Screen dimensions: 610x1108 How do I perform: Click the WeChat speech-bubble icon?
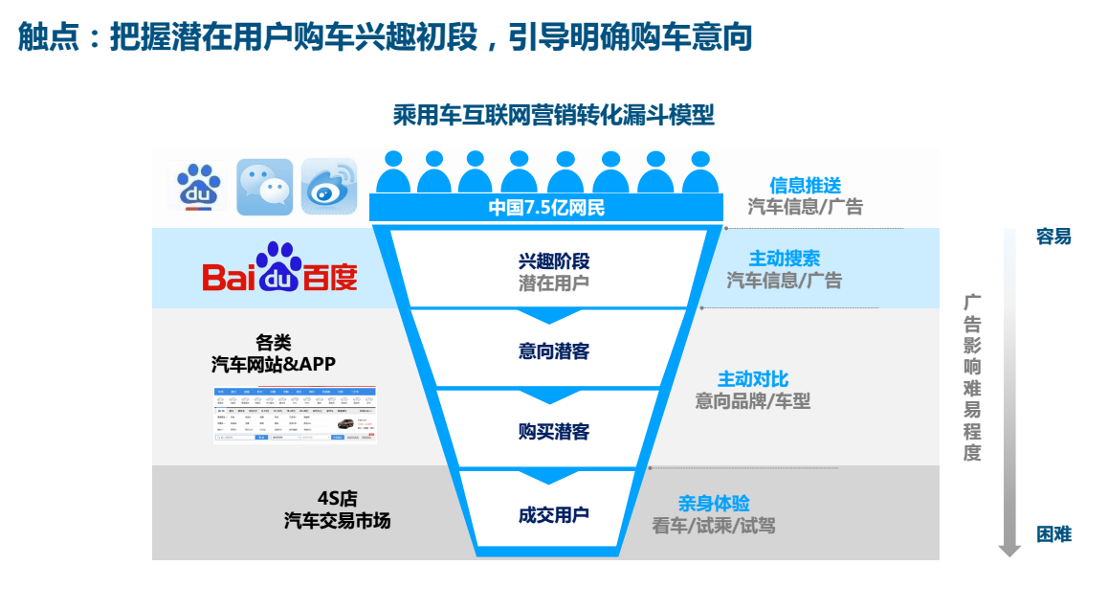click(264, 186)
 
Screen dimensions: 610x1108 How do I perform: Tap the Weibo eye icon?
click(328, 186)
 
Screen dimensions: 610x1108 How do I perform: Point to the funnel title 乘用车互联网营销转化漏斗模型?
click(553, 116)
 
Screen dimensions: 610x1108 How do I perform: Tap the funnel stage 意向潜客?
click(553, 351)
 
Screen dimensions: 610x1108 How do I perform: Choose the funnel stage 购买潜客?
click(553, 432)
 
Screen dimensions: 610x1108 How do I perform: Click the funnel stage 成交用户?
click(553, 515)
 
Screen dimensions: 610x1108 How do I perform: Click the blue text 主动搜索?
click(784, 259)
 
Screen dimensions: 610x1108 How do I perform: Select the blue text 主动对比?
click(753, 380)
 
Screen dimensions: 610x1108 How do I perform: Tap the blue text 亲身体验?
click(714, 504)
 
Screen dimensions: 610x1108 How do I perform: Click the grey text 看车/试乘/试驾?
click(714, 526)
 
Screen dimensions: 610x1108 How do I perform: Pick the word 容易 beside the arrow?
click(1053, 237)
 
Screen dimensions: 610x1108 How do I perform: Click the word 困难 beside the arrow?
click(1053, 535)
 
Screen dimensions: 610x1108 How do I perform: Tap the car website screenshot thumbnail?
click(295, 415)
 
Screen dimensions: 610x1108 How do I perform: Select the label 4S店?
click(337, 499)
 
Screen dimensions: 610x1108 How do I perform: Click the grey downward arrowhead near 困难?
click(1009, 550)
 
